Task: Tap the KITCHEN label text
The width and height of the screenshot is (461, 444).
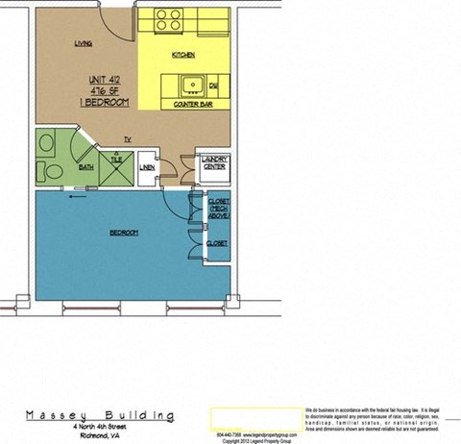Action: (183, 55)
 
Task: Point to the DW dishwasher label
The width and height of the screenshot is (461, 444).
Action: (212, 86)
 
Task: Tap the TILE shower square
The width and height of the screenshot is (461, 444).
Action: (118, 168)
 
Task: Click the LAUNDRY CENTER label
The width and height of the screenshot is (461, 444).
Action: (213, 165)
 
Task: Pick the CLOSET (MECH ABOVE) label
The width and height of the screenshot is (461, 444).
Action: (217, 208)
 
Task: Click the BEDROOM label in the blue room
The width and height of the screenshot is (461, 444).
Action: (124, 233)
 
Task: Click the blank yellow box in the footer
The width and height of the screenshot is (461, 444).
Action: (246, 416)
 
